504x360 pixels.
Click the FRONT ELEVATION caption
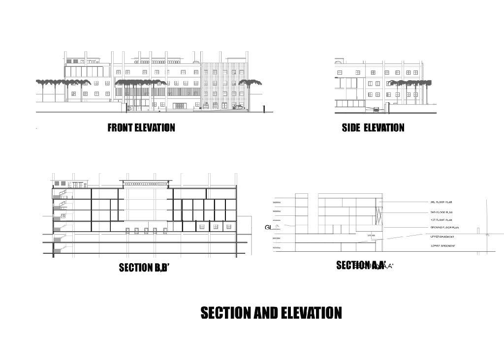(141, 128)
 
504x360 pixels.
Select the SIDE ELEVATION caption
(373, 128)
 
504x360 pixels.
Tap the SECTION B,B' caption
(144, 268)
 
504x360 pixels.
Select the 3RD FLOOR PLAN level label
(441, 202)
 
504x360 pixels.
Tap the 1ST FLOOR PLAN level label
(441, 220)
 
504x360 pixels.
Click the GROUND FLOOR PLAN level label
(444, 228)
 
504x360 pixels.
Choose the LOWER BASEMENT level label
(443, 246)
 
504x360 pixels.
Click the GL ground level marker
(268, 227)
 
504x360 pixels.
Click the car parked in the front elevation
(238, 107)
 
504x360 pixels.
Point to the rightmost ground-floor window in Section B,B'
(228, 227)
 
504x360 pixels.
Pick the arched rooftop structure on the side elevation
(339, 61)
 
